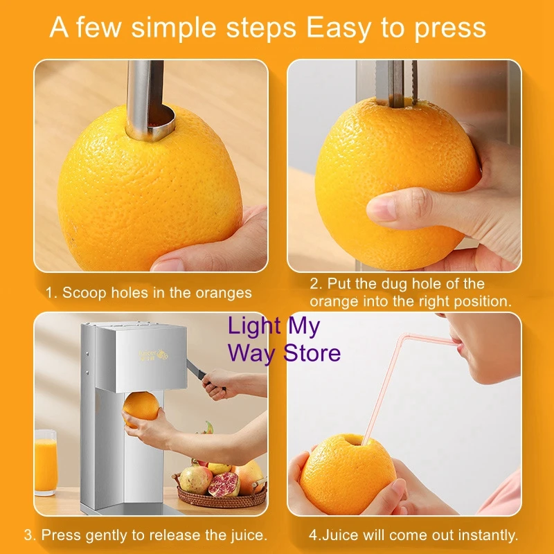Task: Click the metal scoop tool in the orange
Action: [148, 100]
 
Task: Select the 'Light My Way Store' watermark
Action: [284, 340]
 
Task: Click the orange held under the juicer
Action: [141, 409]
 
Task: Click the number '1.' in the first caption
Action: [51, 293]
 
